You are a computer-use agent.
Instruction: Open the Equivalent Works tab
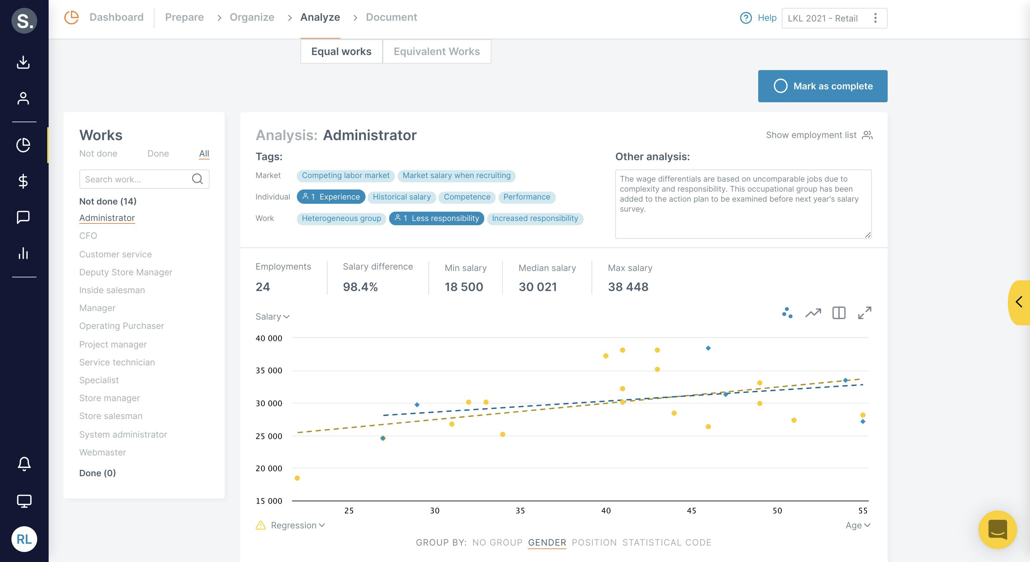pos(436,51)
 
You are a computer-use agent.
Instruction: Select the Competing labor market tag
pos(345,176)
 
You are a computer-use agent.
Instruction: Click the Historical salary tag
pos(401,197)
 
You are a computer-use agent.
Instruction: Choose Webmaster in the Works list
pos(102,452)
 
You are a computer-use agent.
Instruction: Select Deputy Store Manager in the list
pos(126,272)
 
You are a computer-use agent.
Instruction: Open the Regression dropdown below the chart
pos(298,525)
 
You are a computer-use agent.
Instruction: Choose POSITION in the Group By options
pos(594,542)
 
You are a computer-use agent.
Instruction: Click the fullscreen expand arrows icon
pos(864,312)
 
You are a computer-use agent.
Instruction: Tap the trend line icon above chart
pos(813,312)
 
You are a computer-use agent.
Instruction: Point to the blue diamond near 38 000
pos(708,348)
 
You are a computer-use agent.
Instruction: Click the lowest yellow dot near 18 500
pos(297,478)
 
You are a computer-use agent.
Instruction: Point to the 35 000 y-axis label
pos(269,370)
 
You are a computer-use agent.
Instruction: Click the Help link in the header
pos(766,18)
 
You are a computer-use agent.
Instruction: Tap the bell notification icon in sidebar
pos(24,464)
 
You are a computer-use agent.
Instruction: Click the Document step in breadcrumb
pos(391,17)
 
